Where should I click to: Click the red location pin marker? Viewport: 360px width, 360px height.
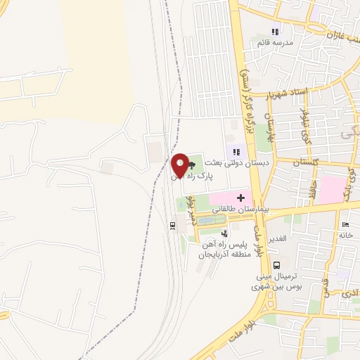pyautogui.click(x=181, y=166)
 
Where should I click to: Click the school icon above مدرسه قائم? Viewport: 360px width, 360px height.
pyautogui.click(x=276, y=32)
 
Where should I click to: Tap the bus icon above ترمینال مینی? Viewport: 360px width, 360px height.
pyautogui.click(x=276, y=265)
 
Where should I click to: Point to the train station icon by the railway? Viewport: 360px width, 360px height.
pyautogui.click(x=172, y=225)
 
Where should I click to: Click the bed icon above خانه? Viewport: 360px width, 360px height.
pyautogui.click(x=345, y=226)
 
